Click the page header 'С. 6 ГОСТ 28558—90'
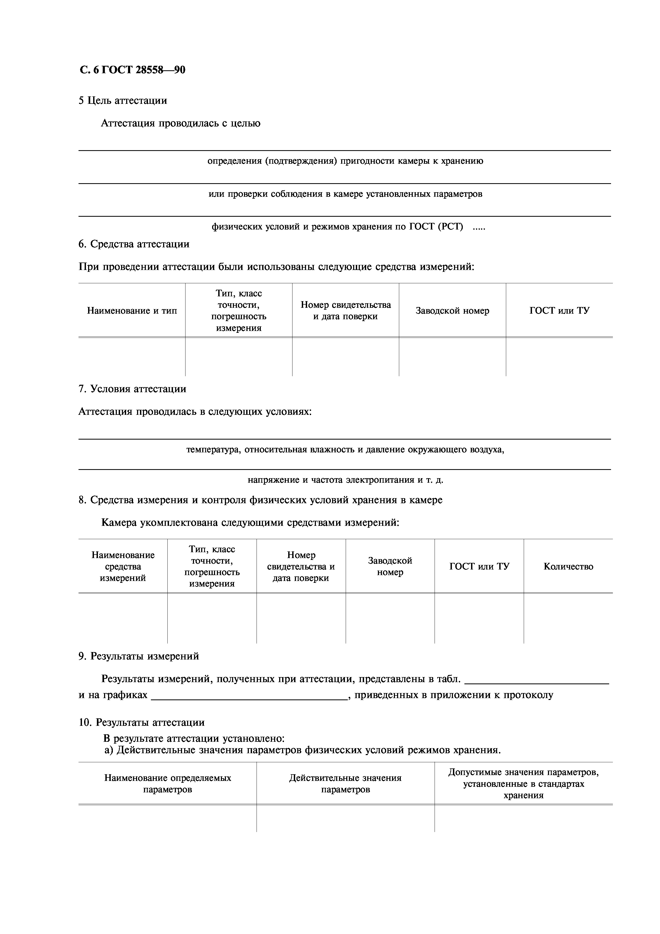pyautogui.click(x=133, y=70)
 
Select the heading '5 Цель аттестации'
pyautogui.click(x=123, y=100)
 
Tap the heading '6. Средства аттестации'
pyautogui.click(x=134, y=244)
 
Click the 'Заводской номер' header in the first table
pyautogui.click(x=452, y=311)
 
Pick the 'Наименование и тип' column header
pyautogui.click(x=132, y=311)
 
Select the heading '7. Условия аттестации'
pyautogui.click(x=132, y=389)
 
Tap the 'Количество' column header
pyautogui.click(x=568, y=567)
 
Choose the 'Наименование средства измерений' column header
pyautogui.click(x=123, y=566)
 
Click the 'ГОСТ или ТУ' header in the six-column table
pyautogui.click(x=479, y=567)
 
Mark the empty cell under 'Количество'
pyautogui.click(x=568, y=618)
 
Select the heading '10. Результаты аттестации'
pyautogui.click(x=142, y=723)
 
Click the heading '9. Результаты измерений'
pyautogui.click(x=139, y=656)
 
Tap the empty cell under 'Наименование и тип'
pyautogui.click(x=132, y=357)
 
